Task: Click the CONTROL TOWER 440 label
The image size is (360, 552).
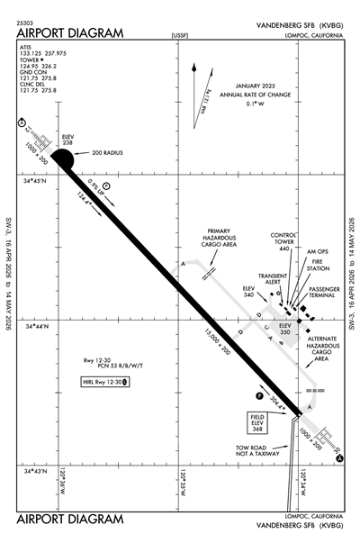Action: tap(286, 240)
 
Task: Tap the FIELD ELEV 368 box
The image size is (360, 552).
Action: tap(257, 422)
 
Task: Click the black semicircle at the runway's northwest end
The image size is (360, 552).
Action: tap(60, 159)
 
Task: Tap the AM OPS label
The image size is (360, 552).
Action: tap(320, 251)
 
